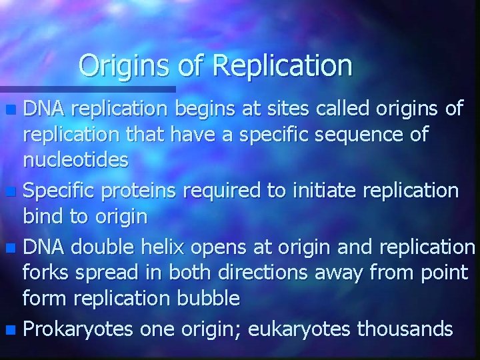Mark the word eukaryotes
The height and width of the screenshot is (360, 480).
(311, 329)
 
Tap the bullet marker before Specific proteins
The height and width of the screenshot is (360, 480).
(15, 192)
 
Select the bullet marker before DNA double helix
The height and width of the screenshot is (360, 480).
(15, 249)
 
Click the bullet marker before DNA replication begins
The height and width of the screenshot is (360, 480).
(15, 109)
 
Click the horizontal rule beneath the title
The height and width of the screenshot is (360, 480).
(87, 89)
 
